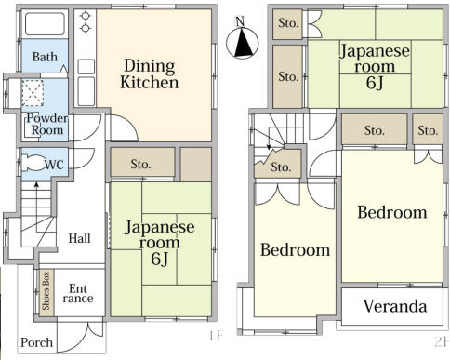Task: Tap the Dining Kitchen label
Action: pos(150,74)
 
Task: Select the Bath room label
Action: pos(45,57)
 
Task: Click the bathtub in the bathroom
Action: pos(44,24)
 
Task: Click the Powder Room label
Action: pos(47,124)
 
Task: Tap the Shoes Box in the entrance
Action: pos(46,292)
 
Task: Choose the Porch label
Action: pos(36,342)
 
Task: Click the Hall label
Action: pos(79,238)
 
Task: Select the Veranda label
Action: pos(395,306)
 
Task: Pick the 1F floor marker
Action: pos(216,336)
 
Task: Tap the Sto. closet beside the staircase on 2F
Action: pos(281,167)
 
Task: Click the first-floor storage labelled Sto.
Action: pos(140,164)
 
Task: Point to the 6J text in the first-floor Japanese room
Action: pos(160,259)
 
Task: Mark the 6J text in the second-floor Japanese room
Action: pos(375,83)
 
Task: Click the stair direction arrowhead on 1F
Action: pos(36,184)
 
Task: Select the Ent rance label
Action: pos(78,293)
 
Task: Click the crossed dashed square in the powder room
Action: pos(33,92)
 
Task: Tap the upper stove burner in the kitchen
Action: pos(85,16)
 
